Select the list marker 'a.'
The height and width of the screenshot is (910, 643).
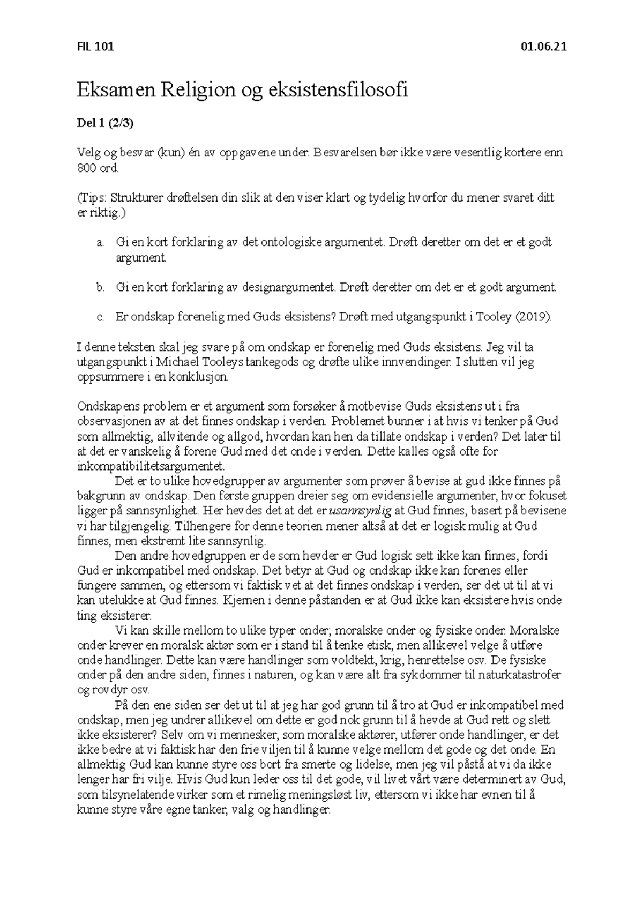(x=100, y=243)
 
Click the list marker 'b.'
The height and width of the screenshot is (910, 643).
(x=100, y=288)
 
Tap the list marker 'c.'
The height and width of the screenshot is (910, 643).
(x=100, y=317)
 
